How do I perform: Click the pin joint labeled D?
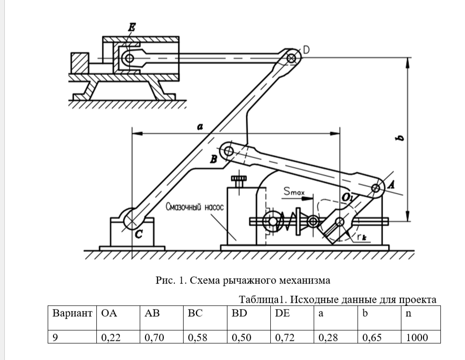click(x=291, y=58)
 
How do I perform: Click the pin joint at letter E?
click(x=128, y=58)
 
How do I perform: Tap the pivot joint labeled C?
click(x=130, y=220)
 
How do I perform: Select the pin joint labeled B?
click(x=229, y=152)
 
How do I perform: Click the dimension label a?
click(x=200, y=126)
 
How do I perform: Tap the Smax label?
click(x=294, y=192)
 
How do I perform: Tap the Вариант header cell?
click(x=72, y=313)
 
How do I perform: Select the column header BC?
click(x=195, y=313)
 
